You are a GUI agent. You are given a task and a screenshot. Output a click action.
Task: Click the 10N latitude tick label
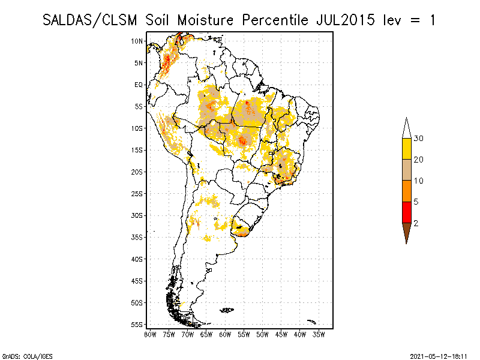click(137, 41)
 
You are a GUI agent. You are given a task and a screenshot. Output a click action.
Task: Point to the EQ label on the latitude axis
click(139, 85)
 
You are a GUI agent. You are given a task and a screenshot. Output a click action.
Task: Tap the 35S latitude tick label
click(137, 237)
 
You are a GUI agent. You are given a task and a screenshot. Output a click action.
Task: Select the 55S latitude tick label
click(137, 324)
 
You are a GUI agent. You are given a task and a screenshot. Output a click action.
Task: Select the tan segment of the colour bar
click(406, 170)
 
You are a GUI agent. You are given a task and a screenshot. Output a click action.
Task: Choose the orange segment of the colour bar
click(406, 191)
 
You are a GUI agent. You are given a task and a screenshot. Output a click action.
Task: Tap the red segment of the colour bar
click(406, 212)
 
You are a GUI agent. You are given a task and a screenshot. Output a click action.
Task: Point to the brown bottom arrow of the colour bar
click(406, 231)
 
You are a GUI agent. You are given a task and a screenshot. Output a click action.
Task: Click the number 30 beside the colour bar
click(419, 139)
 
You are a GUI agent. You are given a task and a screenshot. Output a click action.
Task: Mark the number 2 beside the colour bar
click(416, 223)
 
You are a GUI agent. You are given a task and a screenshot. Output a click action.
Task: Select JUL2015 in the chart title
click(342, 20)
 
